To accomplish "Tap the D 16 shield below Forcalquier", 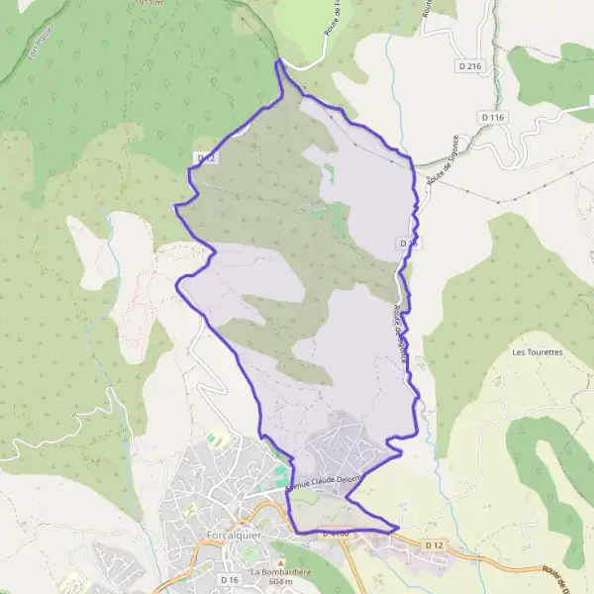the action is coord(231,579).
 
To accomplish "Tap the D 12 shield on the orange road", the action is coord(435,545).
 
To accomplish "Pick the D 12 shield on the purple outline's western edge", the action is coord(206,157).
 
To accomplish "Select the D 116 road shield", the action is coord(492,118).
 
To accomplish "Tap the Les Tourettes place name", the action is coord(538,351).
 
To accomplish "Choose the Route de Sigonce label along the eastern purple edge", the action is coord(400,337).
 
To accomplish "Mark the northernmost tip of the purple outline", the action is coord(278,61).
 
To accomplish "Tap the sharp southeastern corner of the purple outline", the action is coord(398,528).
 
